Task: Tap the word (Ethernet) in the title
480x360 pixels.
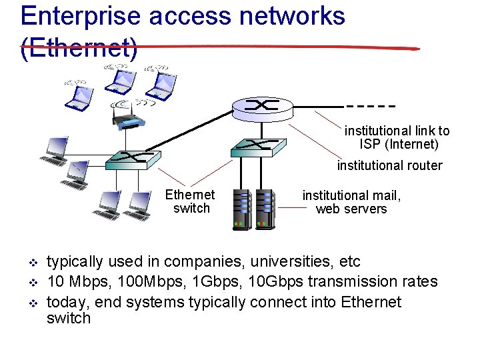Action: click(79, 47)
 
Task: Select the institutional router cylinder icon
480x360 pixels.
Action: click(261, 107)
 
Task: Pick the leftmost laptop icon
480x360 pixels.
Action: click(77, 95)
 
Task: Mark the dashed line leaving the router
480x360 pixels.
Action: click(371, 106)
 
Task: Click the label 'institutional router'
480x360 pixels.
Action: click(389, 165)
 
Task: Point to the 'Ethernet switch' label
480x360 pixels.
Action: click(191, 201)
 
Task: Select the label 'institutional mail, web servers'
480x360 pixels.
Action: click(351, 202)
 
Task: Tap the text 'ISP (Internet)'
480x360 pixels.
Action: click(399, 144)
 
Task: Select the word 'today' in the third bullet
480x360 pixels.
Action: click(68, 303)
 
